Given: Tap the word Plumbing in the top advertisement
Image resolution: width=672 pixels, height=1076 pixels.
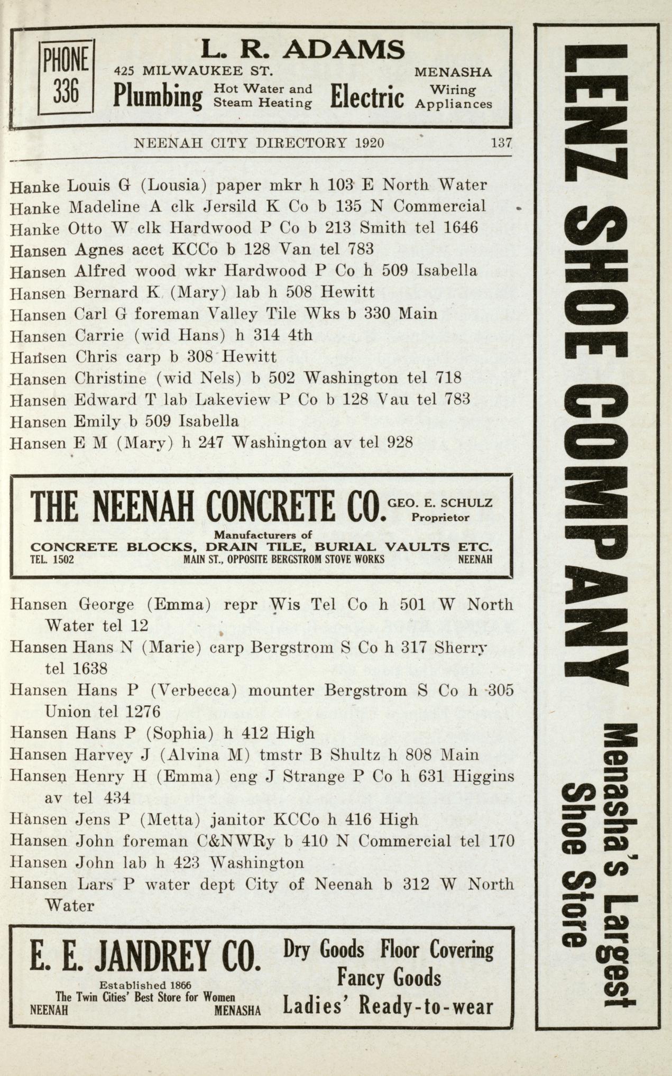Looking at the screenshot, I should coord(158,96).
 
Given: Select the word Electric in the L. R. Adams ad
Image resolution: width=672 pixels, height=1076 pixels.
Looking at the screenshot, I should coord(367,96).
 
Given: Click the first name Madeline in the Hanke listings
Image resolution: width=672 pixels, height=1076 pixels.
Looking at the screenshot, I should coord(97,206).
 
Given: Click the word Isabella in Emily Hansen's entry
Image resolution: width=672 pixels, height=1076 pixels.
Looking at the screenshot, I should coord(208,422).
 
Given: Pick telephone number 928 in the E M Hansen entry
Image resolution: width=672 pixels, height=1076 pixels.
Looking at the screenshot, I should coord(400,443).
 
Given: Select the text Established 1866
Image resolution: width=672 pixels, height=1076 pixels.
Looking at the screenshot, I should coord(145,985).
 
